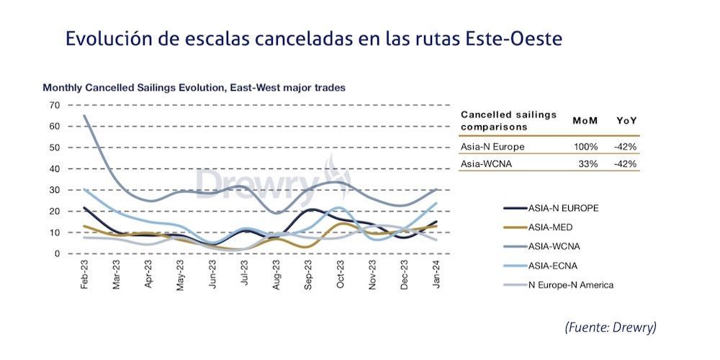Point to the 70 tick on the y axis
coord(54,105)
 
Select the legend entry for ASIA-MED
coord(551,228)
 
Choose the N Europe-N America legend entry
coord(569,285)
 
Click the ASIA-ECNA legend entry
coord(552,266)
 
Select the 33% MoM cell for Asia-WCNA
coord(588,164)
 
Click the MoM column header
coord(585,120)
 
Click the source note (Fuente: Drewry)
coord(611,328)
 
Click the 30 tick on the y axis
coord(54,190)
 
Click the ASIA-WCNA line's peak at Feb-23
coord(86,116)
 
